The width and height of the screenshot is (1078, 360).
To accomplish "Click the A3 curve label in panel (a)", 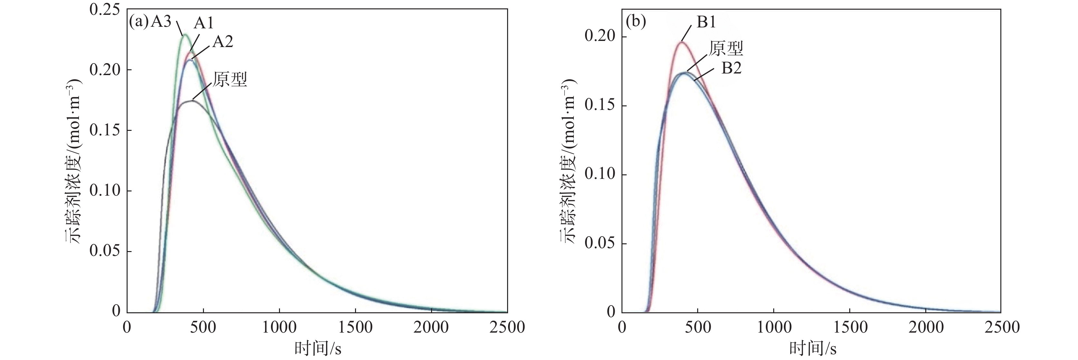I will pyautogui.click(x=161, y=22).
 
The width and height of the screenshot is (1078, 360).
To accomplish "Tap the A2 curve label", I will pyautogui.click(x=223, y=42).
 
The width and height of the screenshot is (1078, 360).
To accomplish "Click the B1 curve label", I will pyautogui.click(x=707, y=22).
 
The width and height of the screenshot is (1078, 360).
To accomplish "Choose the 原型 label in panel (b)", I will pyautogui.click(x=726, y=49).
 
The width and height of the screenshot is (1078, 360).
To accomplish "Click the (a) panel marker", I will pyautogui.click(x=139, y=22).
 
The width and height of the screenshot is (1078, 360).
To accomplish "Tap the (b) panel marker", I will pyautogui.click(x=636, y=22).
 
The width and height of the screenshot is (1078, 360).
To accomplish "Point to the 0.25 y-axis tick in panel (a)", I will pyautogui.click(x=105, y=10).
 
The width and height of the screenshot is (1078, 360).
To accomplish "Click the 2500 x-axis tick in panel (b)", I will pyautogui.click(x=1001, y=327).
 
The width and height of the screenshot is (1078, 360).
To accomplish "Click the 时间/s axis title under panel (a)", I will pyautogui.click(x=318, y=349).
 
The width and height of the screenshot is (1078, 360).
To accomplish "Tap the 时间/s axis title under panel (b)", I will pyautogui.click(x=813, y=349).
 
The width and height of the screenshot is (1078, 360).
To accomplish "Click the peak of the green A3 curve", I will pyautogui.click(x=185, y=35).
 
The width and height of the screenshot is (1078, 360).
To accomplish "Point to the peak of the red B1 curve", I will pyautogui.click(x=682, y=42).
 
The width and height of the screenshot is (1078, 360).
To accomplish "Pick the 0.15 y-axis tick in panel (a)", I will pyautogui.click(x=105, y=131).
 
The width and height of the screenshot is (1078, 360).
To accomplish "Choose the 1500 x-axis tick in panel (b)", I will pyautogui.click(x=850, y=327).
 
